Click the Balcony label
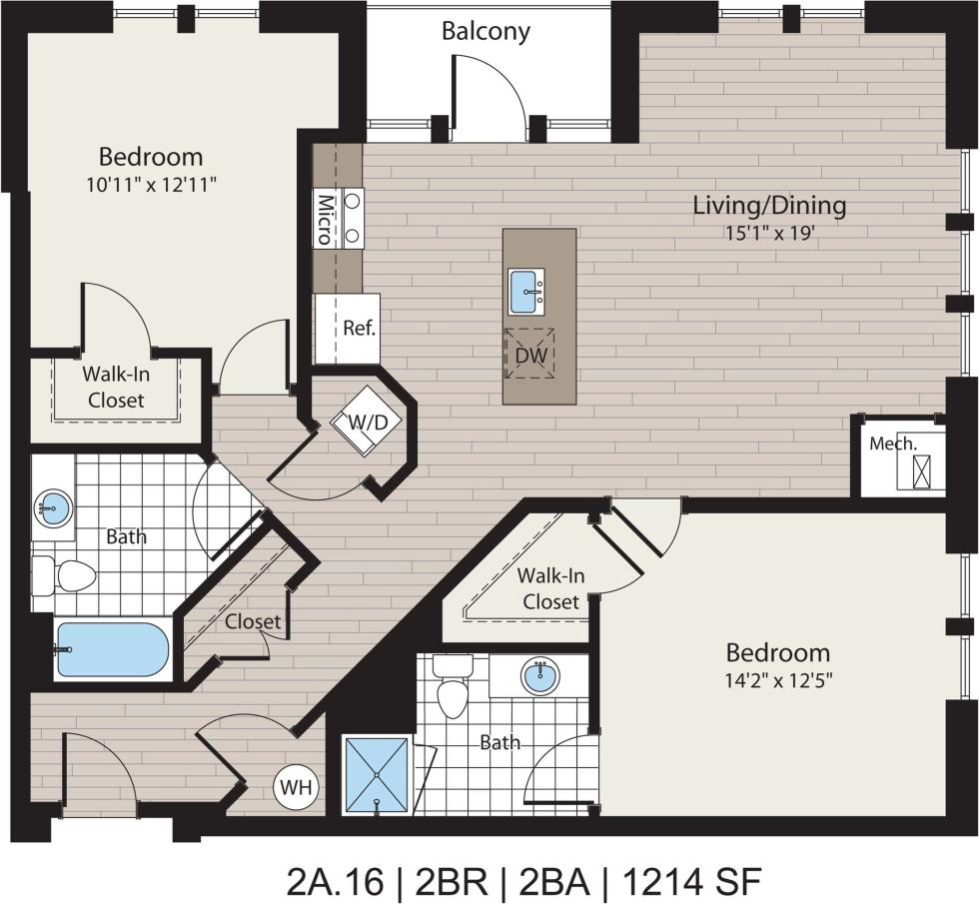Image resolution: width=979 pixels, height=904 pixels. click(x=486, y=31)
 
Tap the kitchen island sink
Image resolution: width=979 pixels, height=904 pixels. click(x=526, y=291)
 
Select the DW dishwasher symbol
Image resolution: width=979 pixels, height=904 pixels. click(x=527, y=355)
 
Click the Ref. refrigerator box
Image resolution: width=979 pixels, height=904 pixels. click(x=358, y=328)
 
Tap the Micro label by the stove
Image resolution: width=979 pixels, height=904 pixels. click(x=325, y=219)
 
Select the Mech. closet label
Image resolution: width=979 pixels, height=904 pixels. click(x=892, y=443)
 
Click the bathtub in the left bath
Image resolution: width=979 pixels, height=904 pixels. click(x=112, y=650)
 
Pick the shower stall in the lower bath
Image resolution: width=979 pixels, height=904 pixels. click(x=376, y=771)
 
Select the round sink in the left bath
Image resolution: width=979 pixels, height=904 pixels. click(x=52, y=509)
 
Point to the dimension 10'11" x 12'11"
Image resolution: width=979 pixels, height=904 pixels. click(x=150, y=184)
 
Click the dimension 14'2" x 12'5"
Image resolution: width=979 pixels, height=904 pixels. click(x=777, y=680)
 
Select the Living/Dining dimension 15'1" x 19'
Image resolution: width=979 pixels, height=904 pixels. click(x=769, y=233)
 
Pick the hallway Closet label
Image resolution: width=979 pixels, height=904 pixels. click(x=253, y=621)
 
